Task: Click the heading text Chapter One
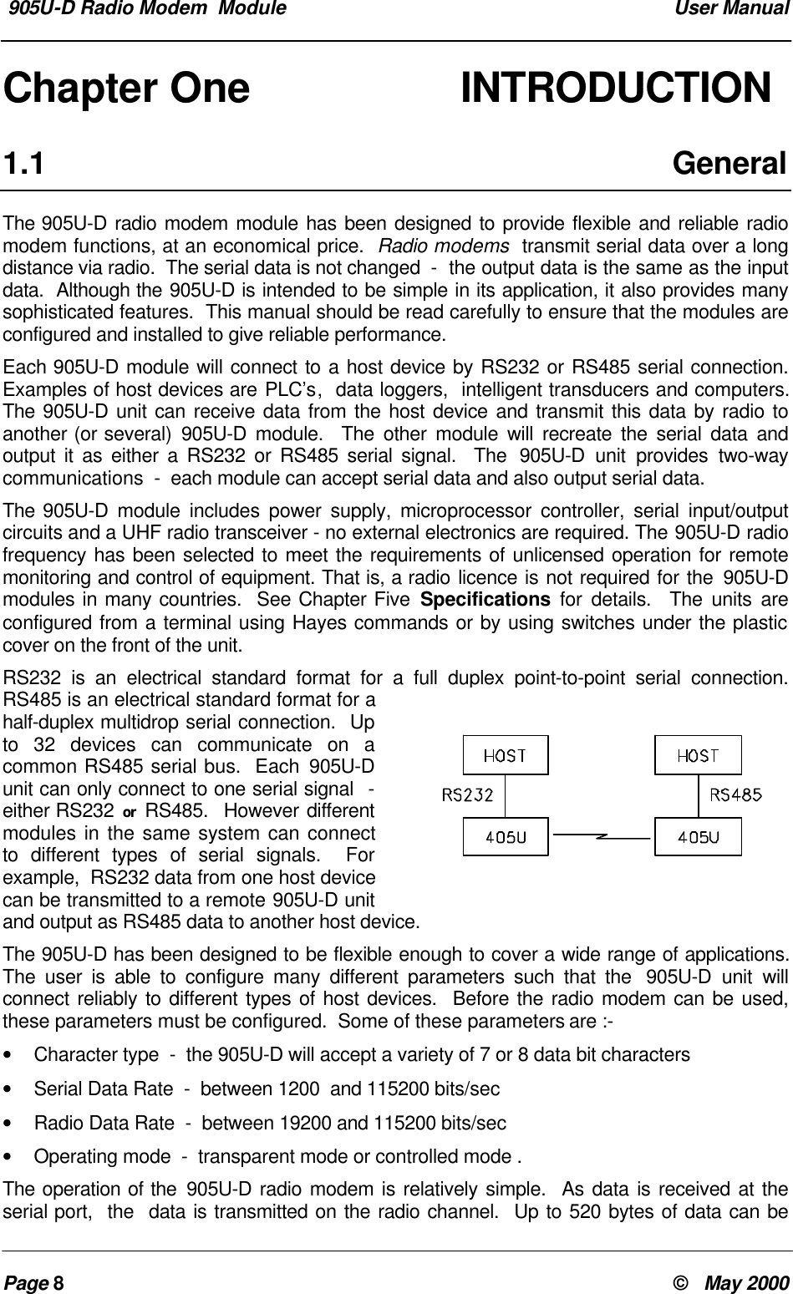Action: click(128, 89)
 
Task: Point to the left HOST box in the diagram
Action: click(506, 756)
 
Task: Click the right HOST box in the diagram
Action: click(698, 756)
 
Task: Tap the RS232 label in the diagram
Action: click(467, 795)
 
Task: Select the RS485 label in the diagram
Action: click(735, 795)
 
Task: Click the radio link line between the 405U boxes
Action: click(602, 835)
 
